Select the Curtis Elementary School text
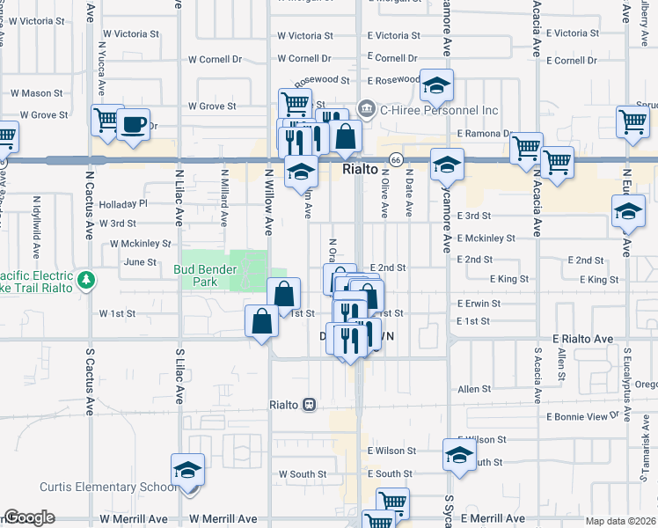click(107, 488)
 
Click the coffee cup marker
click(133, 124)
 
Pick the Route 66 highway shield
click(397, 160)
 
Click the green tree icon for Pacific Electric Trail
click(86, 281)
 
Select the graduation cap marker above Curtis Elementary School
click(187, 470)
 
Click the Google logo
click(28, 517)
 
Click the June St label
click(140, 261)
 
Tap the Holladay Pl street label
click(124, 203)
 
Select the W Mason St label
click(36, 92)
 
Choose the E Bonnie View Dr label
click(583, 416)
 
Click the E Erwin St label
click(479, 304)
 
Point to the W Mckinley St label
click(140, 243)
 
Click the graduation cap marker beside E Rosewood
click(435, 85)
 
